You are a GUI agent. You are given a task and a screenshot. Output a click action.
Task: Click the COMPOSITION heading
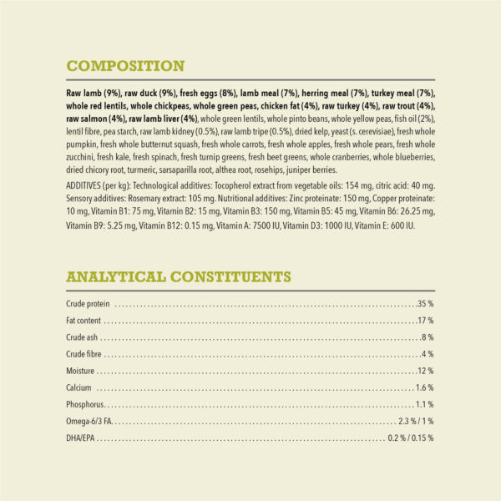coord(125,66)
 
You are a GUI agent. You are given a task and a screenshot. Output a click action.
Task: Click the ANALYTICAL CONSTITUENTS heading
coord(178,276)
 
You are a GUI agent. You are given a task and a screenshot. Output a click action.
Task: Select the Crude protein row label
coord(88,303)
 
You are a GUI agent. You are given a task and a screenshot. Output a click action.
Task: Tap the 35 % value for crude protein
coord(426,303)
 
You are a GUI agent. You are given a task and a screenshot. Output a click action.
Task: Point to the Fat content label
coord(83,321)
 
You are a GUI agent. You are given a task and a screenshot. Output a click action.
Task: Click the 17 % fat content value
coord(426,321)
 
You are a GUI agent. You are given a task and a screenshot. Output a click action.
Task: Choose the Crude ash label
coord(82,337)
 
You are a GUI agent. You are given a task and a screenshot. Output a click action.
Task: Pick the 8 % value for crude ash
coord(428,337)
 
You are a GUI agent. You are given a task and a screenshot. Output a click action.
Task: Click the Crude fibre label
coord(83,354)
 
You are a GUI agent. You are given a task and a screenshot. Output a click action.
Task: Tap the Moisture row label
coord(80,371)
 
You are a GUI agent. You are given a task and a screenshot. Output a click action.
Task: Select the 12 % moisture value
coord(426,371)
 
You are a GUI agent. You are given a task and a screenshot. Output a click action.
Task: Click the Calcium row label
coord(79,388)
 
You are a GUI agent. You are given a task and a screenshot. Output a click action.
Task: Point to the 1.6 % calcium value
coord(425,388)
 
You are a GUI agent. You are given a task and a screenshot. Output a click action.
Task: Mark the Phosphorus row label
coord(85,405)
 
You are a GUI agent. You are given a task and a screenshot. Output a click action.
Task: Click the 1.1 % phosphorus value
coord(425,405)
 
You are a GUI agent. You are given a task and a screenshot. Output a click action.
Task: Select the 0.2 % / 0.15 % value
coord(411,438)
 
